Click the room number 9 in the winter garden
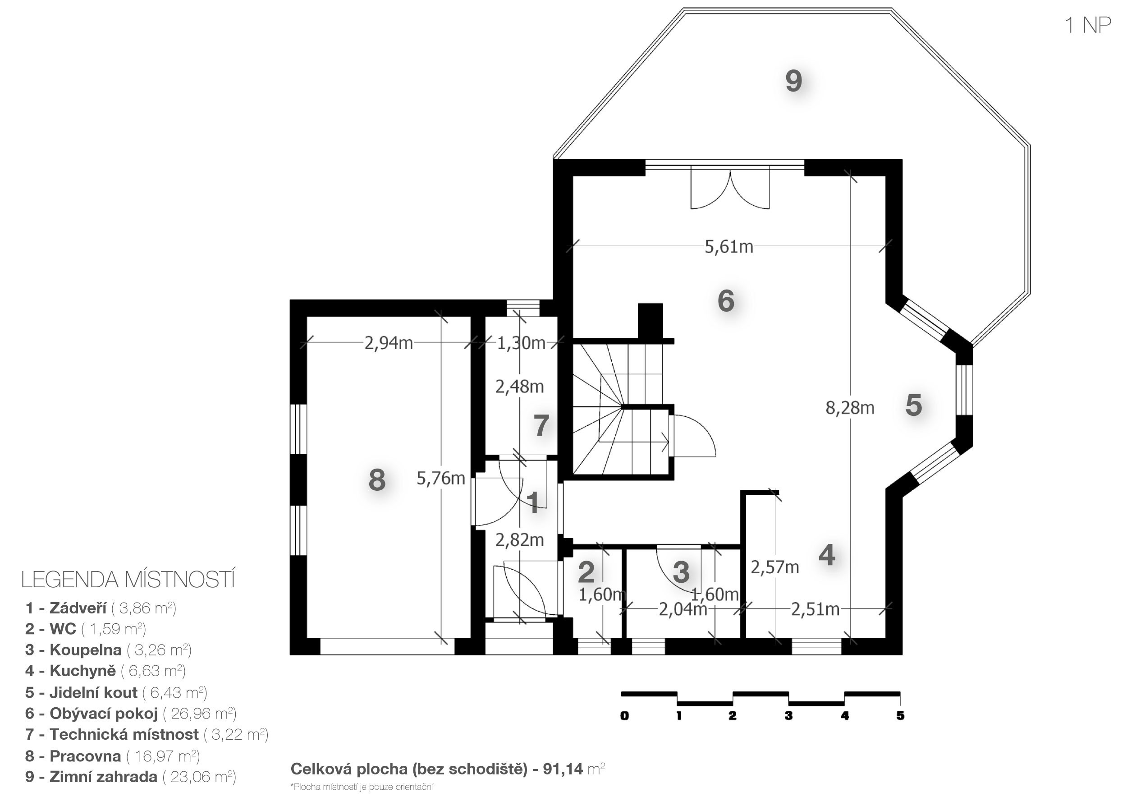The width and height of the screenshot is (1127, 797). [x=794, y=81]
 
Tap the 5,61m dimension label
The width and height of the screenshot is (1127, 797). [x=729, y=247]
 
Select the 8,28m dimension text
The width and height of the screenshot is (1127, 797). [x=850, y=408]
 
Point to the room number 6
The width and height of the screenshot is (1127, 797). [x=726, y=300]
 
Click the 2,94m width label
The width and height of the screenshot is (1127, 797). [x=388, y=343]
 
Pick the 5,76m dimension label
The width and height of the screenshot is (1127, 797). [x=441, y=478]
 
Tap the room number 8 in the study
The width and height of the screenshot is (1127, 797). [x=377, y=480]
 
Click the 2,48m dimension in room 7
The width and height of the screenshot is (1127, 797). [x=519, y=387]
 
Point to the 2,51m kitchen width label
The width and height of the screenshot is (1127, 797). [x=815, y=609]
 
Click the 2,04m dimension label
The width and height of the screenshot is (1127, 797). [x=683, y=609]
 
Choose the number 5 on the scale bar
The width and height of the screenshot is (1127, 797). [x=900, y=715]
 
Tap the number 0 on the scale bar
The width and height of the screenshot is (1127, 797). [x=624, y=715]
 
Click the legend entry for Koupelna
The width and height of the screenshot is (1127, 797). [x=109, y=650]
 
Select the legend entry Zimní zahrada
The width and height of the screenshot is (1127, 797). [x=131, y=776]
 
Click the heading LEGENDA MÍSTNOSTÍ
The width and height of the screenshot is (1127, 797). [x=128, y=580]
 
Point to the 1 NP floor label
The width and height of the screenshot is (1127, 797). [x=1088, y=25]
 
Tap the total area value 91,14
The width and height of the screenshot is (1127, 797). [x=563, y=769]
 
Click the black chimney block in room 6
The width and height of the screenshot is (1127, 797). [x=651, y=321]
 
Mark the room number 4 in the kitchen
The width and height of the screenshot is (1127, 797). [x=827, y=555]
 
